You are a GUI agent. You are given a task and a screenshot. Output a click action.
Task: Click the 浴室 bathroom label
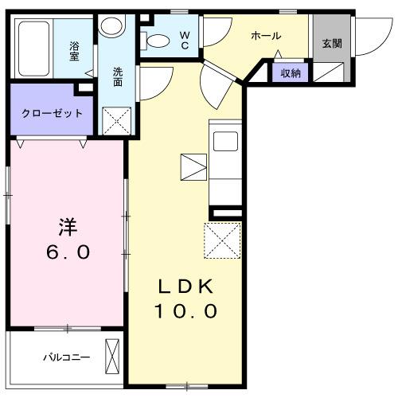point(74,53)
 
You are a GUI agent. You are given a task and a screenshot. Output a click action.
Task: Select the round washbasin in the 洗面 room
point(113,27)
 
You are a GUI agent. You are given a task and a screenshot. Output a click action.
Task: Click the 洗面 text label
point(118,77)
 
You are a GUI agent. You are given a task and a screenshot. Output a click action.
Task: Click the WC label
point(184,39)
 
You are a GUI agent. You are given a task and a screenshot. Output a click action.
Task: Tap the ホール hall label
point(265,37)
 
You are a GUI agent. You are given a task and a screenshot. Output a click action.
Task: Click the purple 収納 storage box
point(290,73)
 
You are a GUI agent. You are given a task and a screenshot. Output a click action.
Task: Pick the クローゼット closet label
point(52,112)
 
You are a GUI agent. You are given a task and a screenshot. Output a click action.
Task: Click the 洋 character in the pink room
point(68,226)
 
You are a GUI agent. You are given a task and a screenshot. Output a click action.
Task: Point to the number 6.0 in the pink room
point(68,252)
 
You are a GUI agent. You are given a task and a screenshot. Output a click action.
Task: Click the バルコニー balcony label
point(67,357)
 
